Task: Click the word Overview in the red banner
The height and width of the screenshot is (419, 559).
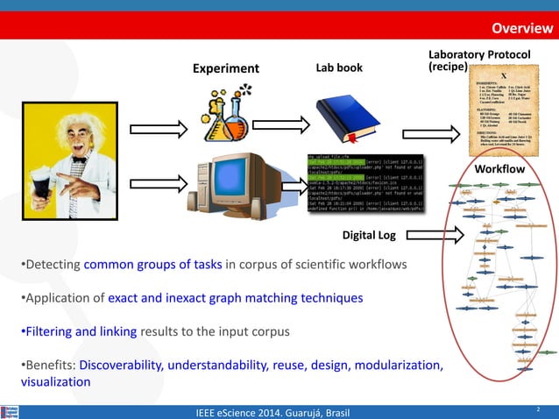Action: tap(521, 28)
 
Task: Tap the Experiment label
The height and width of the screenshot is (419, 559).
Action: tap(226, 68)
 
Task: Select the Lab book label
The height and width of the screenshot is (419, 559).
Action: tap(338, 67)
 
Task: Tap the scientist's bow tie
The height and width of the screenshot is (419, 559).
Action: tap(80, 160)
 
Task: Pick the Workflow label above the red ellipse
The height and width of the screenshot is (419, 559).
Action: tap(499, 168)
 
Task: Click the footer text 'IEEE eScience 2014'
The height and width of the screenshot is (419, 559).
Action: tap(248, 410)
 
